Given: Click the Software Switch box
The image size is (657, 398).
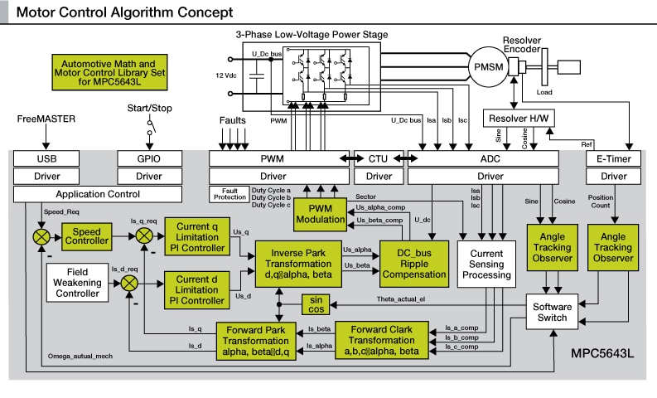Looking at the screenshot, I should click(552, 312).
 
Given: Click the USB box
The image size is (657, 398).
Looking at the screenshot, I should click(46, 158).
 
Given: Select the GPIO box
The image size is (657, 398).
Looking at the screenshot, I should click(148, 158).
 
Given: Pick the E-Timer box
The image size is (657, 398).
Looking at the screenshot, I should click(613, 158).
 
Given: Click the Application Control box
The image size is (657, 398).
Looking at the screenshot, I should click(97, 194).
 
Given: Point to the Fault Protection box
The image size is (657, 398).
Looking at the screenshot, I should click(229, 194).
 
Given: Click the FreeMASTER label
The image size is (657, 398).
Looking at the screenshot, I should click(46, 119).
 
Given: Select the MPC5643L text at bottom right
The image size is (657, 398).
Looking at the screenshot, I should click(601, 354).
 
